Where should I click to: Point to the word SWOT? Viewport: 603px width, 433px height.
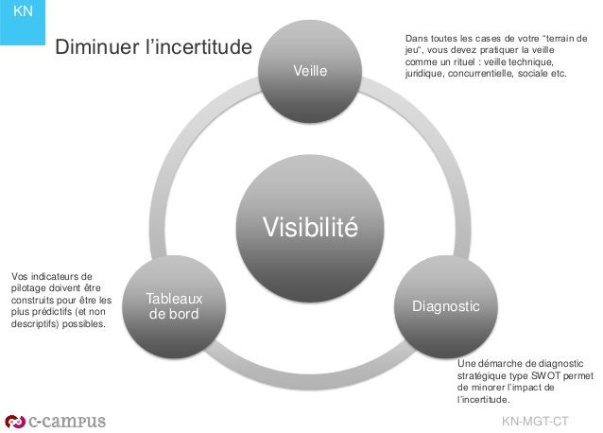coord(545,374)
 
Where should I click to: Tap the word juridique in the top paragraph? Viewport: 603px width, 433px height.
coord(425,74)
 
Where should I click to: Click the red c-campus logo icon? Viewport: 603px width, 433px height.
coord(16,420)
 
